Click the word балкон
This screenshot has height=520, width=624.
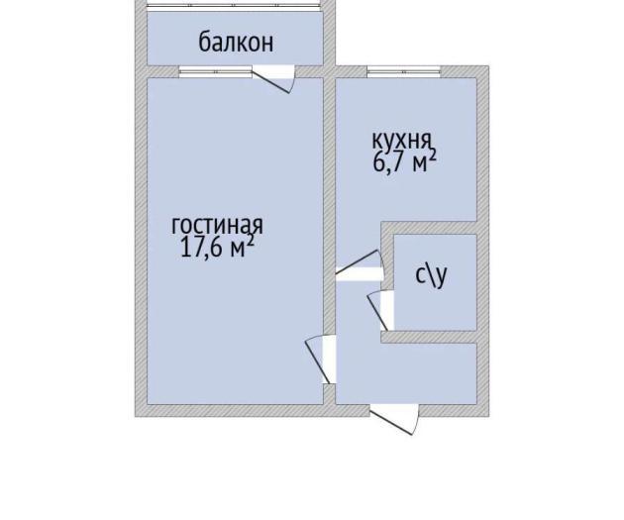(x=236, y=43)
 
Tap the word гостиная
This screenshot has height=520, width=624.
(x=217, y=225)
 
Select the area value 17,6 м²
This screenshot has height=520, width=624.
(x=217, y=247)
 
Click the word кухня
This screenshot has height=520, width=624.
(x=401, y=140)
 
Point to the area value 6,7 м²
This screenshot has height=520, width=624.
(x=405, y=161)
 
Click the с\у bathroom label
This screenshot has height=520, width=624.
(x=431, y=275)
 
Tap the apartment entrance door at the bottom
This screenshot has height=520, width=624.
(x=395, y=419)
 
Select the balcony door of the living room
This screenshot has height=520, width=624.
(x=273, y=79)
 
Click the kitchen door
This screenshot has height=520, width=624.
(x=360, y=265)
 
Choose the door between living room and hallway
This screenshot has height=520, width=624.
(x=321, y=360)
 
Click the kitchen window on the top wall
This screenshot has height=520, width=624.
(x=404, y=72)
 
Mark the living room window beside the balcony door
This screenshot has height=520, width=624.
(x=216, y=72)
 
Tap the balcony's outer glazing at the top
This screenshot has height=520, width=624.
(x=234, y=6)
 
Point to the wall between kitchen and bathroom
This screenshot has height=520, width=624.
(x=430, y=228)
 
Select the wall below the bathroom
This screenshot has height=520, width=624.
(x=430, y=337)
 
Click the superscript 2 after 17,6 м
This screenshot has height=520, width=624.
(x=250, y=240)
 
